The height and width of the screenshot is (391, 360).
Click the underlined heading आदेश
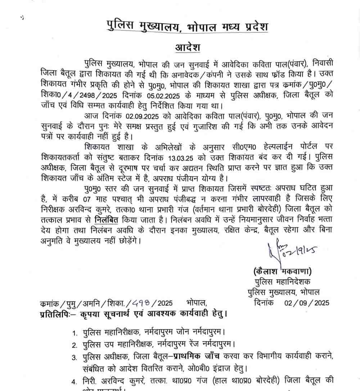pyautogui.click(x=187, y=48)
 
